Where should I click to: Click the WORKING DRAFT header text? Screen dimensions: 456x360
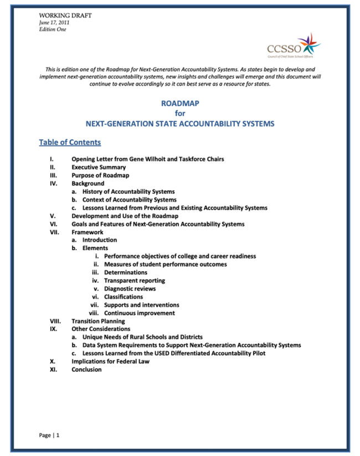pos(65,15)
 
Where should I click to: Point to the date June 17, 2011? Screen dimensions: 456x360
pos(54,23)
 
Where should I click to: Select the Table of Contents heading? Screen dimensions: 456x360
pos(70,143)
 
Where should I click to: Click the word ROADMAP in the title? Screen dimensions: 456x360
pos(180,103)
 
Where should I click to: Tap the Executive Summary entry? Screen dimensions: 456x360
pos(99,167)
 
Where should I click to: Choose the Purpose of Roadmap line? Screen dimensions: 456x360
pos(100,175)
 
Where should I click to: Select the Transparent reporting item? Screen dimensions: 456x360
pos(135,281)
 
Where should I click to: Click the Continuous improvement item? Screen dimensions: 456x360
pos(140,313)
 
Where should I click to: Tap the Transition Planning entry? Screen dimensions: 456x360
pos(98,321)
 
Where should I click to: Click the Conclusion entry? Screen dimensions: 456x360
pos(86,370)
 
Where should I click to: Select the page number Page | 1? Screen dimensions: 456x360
pos(49,436)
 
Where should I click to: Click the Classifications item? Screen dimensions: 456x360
pos(124,297)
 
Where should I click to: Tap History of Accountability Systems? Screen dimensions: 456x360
pos(128,191)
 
